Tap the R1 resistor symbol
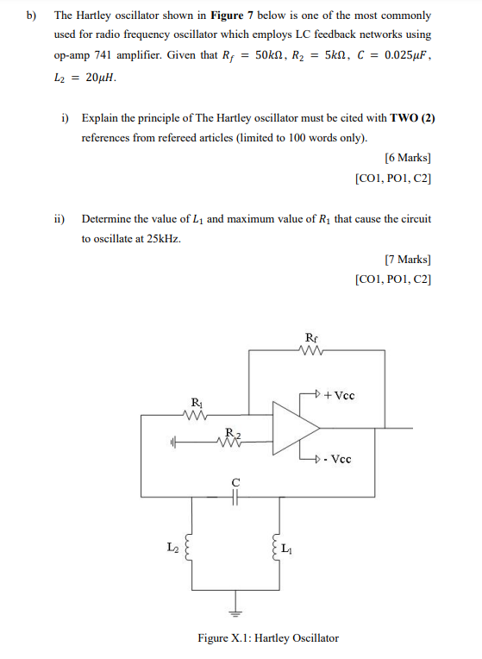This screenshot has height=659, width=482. coord(197,415)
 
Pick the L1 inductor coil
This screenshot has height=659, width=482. coord(278,548)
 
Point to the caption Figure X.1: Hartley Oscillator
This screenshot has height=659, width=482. coord(268,638)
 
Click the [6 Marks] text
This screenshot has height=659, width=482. coord(407,158)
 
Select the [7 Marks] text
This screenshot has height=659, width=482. coord(407,259)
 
